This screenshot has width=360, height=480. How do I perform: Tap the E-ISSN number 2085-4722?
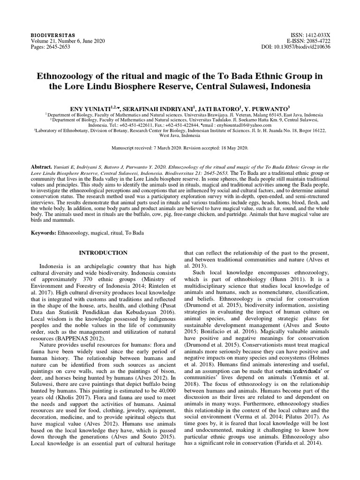pyautogui.click(x=318, y=41)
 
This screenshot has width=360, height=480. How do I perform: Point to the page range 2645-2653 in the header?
pyautogui.click(x=58, y=47)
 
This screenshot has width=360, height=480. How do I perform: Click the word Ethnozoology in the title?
pyautogui.click(x=65, y=76)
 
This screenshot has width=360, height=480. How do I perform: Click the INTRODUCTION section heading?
pyautogui.click(x=103, y=253)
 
